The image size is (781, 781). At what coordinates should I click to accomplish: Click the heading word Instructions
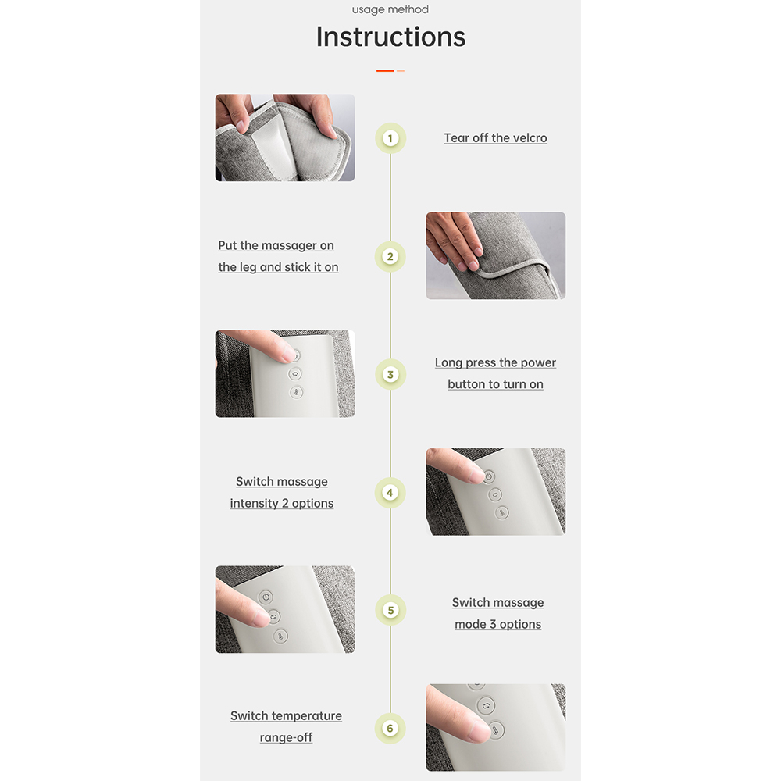coord(390,37)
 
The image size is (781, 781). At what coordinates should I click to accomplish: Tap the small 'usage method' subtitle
coord(390,9)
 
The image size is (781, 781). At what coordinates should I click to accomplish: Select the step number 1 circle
coord(390,138)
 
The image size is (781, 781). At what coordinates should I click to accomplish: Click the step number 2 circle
coord(390,256)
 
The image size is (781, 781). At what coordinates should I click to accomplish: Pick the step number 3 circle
coord(390,375)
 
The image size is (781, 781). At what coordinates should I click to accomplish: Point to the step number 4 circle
coord(390,493)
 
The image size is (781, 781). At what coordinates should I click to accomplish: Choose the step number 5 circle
coord(390,610)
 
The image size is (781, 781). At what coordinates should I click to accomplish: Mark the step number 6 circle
coord(390,728)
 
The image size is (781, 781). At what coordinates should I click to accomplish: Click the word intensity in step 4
coord(254,504)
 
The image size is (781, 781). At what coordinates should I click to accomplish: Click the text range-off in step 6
coord(286,738)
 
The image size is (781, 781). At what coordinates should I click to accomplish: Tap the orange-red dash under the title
coord(385,71)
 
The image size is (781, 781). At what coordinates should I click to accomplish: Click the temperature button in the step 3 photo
coord(296,393)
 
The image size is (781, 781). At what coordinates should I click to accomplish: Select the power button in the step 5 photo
coord(266,597)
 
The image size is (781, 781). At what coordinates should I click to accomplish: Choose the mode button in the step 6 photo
coord(486,705)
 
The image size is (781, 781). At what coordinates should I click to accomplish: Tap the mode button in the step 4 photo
coord(495,494)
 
